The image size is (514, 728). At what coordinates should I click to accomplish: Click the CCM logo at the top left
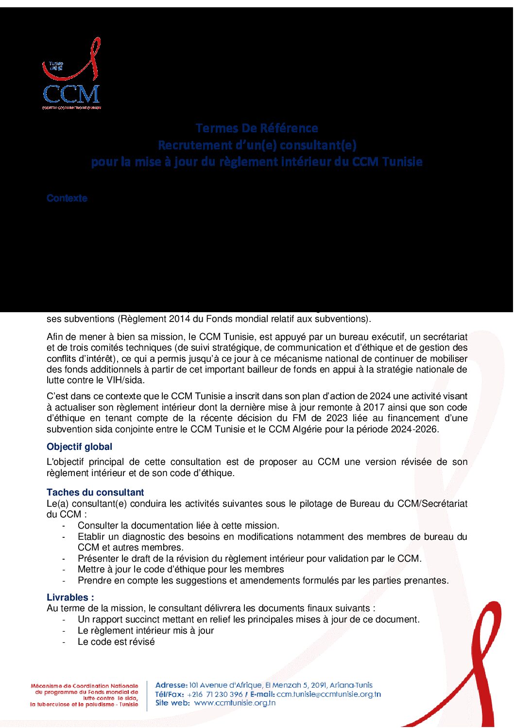[71, 74]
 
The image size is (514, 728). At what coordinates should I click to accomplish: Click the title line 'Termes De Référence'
[257, 128]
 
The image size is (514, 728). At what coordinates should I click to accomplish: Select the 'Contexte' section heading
[67, 198]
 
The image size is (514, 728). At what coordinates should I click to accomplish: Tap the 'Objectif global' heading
[79, 447]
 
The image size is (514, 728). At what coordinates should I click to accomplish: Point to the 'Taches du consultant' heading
[95, 493]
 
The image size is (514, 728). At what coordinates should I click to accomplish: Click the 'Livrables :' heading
[70, 598]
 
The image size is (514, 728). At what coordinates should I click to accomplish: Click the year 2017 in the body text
[365, 408]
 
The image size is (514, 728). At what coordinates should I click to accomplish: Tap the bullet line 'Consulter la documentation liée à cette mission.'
[178, 526]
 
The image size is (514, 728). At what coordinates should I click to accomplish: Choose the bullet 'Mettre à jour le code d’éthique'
[181, 569]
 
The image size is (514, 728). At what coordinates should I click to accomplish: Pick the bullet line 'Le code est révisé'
[116, 642]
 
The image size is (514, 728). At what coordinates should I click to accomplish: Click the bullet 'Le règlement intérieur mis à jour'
[146, 631]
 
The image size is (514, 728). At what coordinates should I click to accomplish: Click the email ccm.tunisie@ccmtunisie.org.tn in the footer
[328, 694]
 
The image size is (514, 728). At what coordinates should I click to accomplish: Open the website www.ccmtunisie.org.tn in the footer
[235, 703]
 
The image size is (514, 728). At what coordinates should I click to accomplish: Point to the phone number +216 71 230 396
[214, 694]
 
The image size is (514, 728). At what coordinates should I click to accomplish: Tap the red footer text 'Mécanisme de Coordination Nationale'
[85, 686]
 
